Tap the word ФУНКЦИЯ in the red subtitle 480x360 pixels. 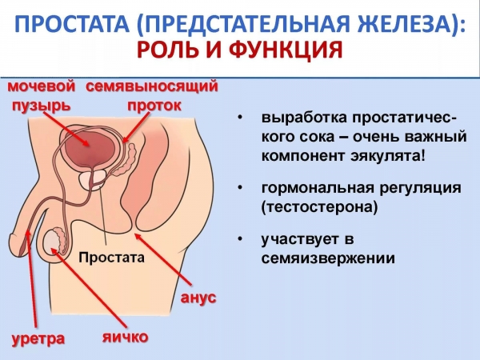pyautogui.click(x=286, y=50)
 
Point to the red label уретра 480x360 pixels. pyautogui.click(x=38, y=339)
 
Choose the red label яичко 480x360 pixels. pyautogui.click(x=126, y=337)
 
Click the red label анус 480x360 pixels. pyautogui.click(x=198, y=298)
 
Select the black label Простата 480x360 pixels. pyautogui.click(x=111, y=258)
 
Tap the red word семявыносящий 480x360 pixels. pyautogui.click(x=152, y=86)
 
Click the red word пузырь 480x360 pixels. pyautogui.click(x=42, y=106)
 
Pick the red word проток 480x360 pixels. pyautogui.click(x=154, y=106)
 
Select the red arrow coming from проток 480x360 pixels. pyautogui.click(x=136, y=127)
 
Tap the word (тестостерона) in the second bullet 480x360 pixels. pyautogui.click(x=319, y=207)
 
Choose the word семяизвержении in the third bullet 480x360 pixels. pyautogui.click(x=328, y=258)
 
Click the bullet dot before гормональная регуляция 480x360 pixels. pyautogui.click(x=241, y=187)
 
